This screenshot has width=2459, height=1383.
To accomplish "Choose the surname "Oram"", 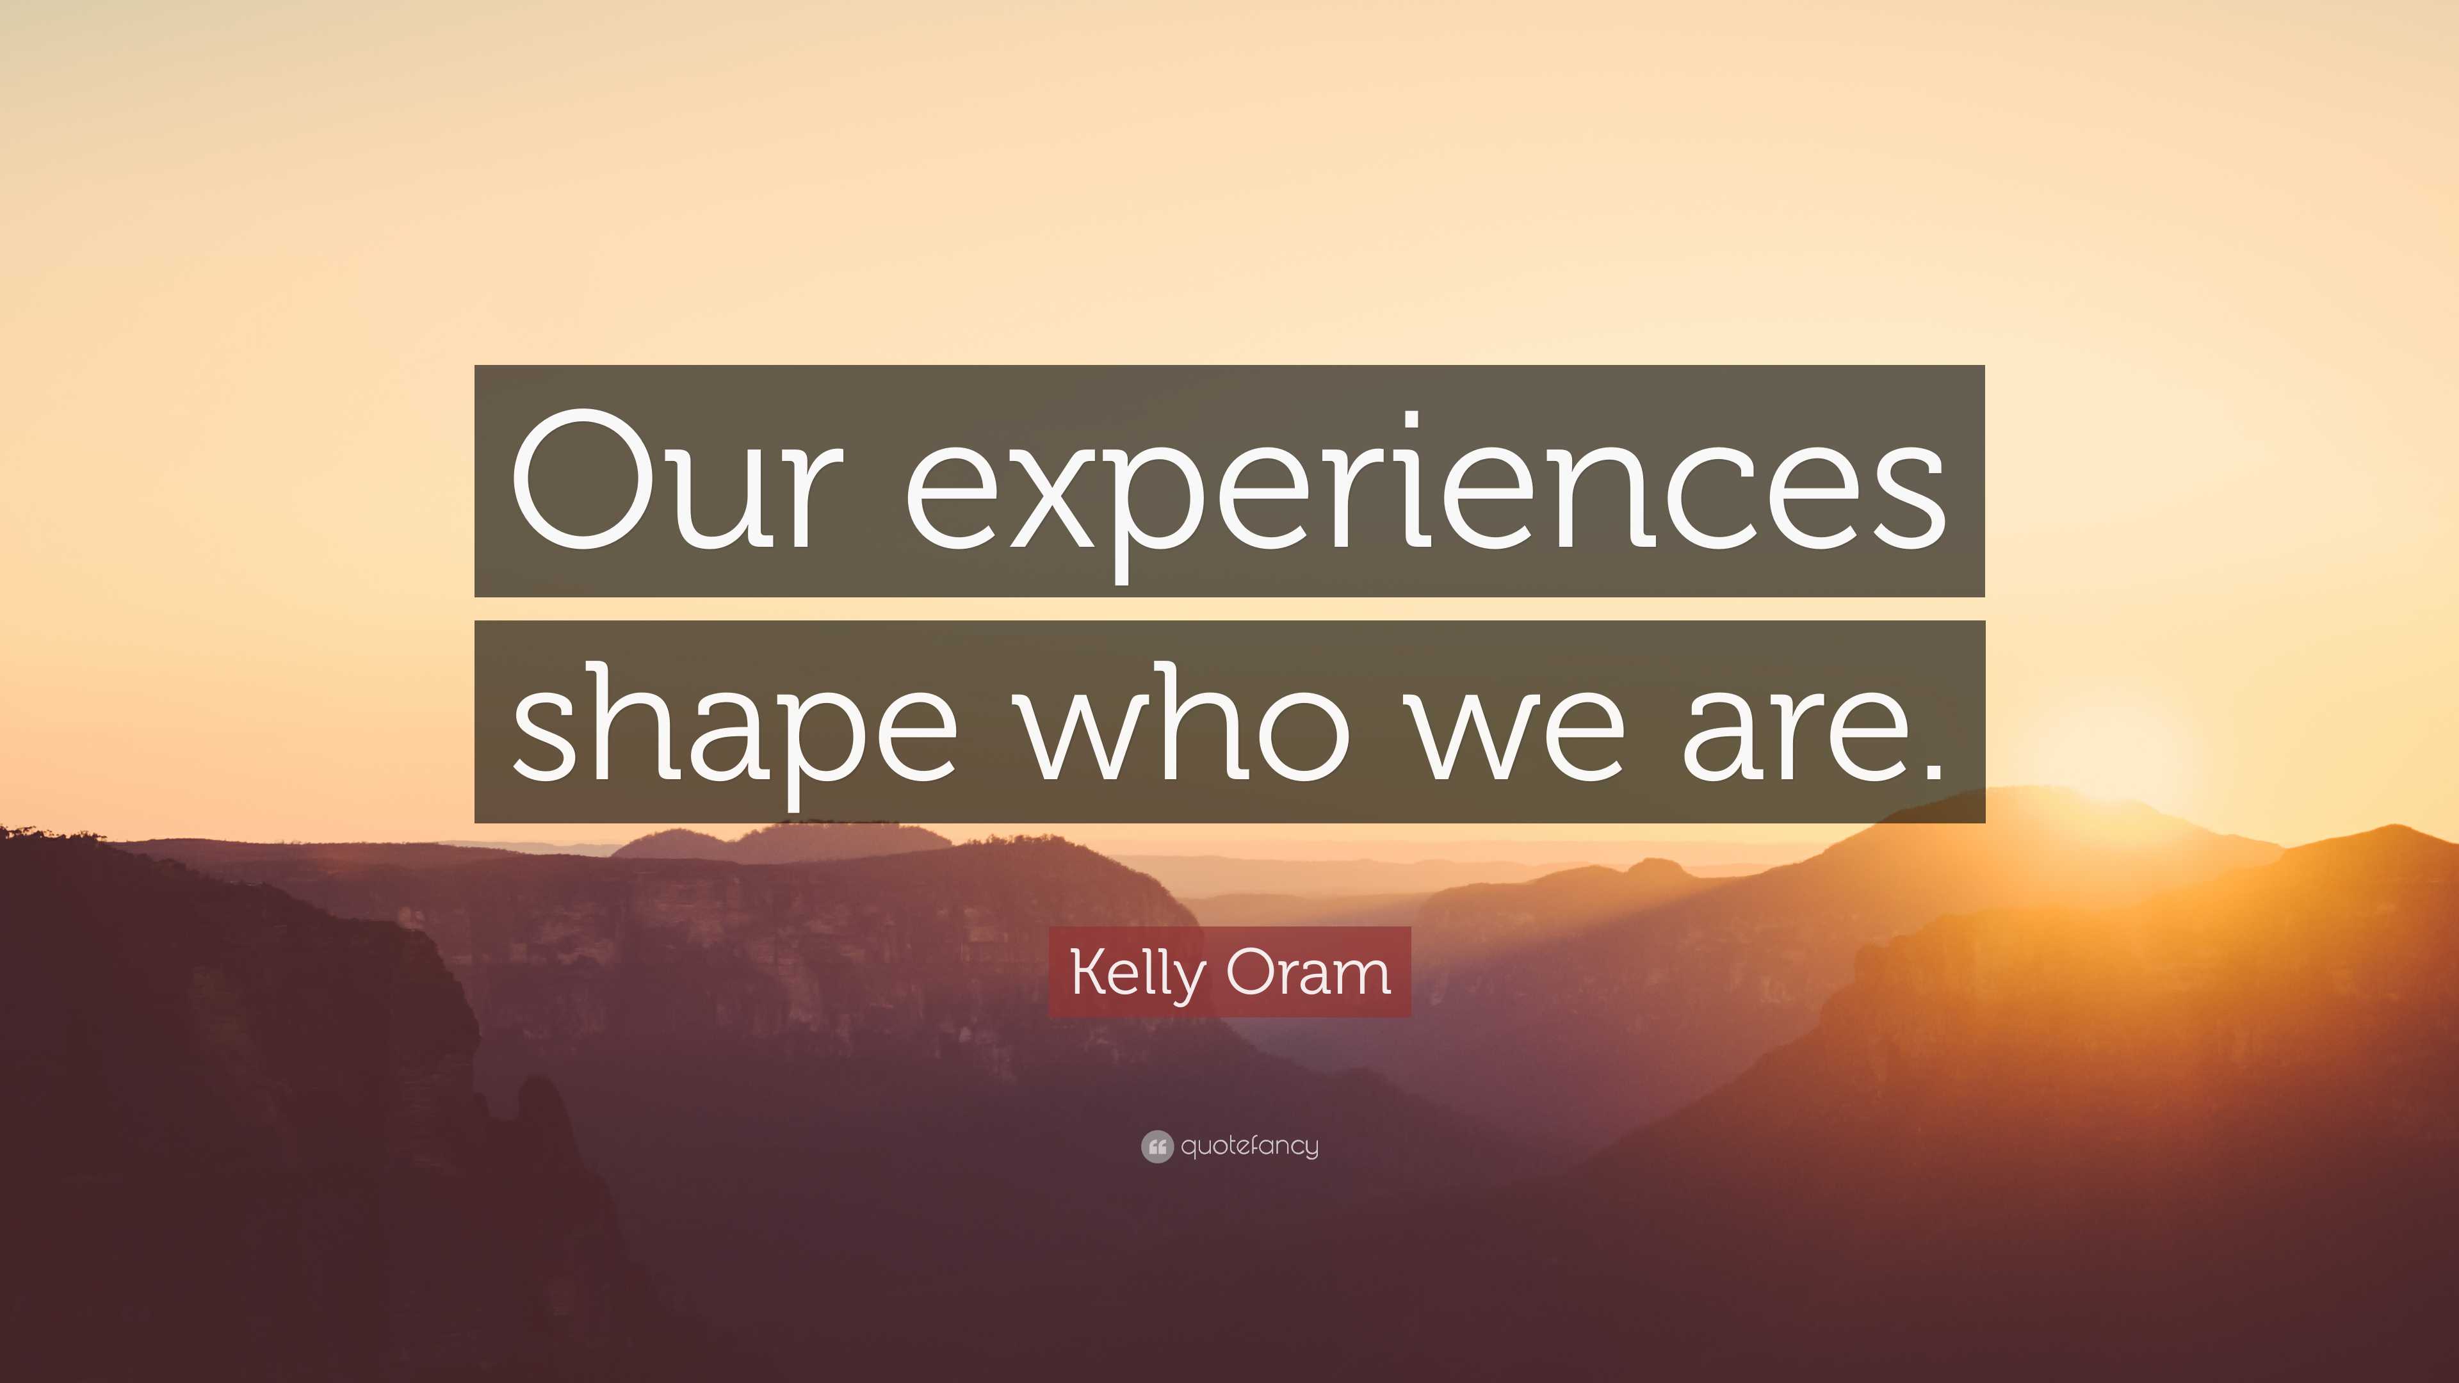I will (1308, 973).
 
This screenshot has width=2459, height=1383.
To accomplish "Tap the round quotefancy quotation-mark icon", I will (1156, 1146).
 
